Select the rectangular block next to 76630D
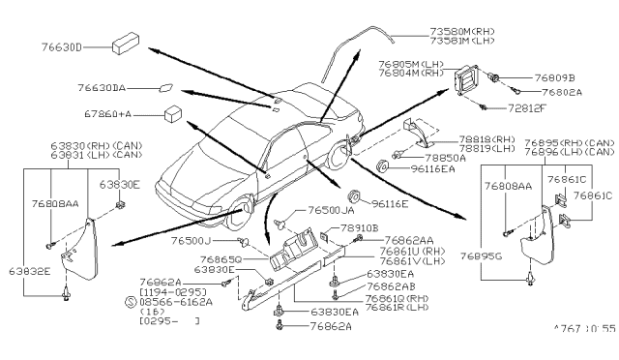point(126,45)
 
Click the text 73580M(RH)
point(451,31)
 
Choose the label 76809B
point(555,75)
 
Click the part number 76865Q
point(223,259)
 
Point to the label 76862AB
point(388,286)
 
